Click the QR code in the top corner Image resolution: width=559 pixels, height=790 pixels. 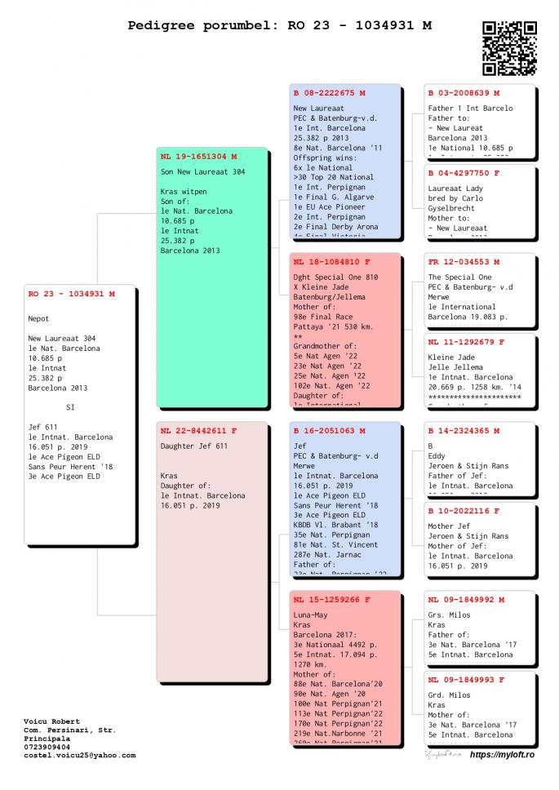(509, 48)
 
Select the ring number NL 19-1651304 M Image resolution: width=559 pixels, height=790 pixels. (198, 156)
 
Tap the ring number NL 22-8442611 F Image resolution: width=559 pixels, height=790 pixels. (198, 430)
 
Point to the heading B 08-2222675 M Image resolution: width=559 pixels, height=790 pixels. (329, 92)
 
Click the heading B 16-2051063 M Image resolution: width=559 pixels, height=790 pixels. (329, 430)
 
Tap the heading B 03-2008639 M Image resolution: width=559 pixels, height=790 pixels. (464, 93)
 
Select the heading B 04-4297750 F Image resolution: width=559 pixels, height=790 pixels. (464, 173)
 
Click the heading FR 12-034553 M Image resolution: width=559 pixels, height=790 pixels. (464, 262)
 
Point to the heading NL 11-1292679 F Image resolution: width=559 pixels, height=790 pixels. (466, 342)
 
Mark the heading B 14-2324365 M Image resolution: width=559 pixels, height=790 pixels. (464, 430)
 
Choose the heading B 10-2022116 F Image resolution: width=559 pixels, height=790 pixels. (464, 510)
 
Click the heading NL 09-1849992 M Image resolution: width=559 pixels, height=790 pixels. (466, 599)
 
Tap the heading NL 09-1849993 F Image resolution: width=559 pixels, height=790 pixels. (466, 679)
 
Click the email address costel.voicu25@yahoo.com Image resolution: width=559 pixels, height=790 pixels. (80, 755)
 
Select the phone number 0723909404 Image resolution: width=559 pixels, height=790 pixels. (47, 747)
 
